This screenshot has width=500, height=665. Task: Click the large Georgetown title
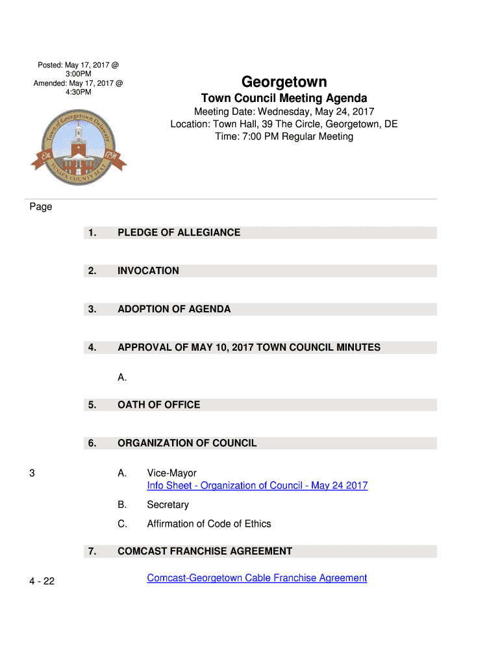point(284,82)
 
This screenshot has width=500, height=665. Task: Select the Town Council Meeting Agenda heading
point(284,98)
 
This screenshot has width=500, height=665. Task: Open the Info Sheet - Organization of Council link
point(257,486)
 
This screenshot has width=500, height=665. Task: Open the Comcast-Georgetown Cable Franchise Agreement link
point(256,578)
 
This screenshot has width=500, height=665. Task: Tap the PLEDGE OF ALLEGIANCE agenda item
point(179,232)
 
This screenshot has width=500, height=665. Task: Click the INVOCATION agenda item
point(148,271)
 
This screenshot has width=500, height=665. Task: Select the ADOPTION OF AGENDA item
point(174,309)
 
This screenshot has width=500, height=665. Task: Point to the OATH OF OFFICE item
point(158,405)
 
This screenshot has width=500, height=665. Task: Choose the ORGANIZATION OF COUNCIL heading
point(187,443)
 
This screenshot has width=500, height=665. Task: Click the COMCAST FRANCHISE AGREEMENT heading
point(205,551)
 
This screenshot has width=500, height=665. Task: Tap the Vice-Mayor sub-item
point(171,473)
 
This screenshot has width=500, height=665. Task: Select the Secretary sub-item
point(168,505)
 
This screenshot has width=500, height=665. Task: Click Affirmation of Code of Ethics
point(208,523)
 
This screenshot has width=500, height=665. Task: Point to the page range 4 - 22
point(42,581)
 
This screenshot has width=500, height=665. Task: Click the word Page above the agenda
point(40,207)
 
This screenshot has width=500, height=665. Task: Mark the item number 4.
point(92,347)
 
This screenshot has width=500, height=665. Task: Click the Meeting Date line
point(284,112)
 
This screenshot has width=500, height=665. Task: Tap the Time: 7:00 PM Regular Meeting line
point(284,136)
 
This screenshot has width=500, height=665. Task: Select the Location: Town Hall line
point(284,124)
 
